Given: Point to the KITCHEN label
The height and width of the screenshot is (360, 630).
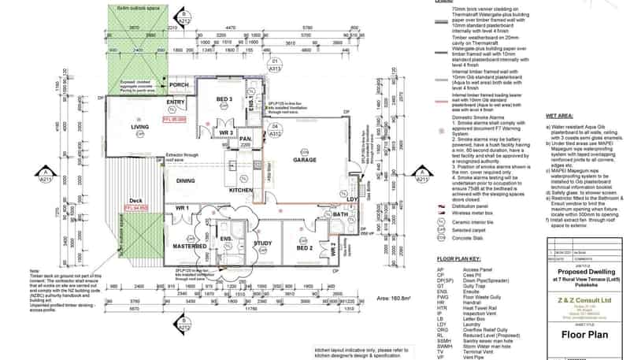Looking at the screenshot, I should (241, 191).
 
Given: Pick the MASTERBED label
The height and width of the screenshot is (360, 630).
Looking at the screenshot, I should (190, 245).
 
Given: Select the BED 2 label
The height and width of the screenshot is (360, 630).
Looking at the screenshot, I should (305, 247).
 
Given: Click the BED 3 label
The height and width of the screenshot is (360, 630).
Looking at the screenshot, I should (224, 99).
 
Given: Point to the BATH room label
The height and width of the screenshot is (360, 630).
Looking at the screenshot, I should (340, 215).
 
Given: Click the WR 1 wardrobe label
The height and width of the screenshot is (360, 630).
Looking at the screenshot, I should (183, 207).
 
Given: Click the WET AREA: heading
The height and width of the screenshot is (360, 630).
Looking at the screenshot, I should (559, 116).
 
